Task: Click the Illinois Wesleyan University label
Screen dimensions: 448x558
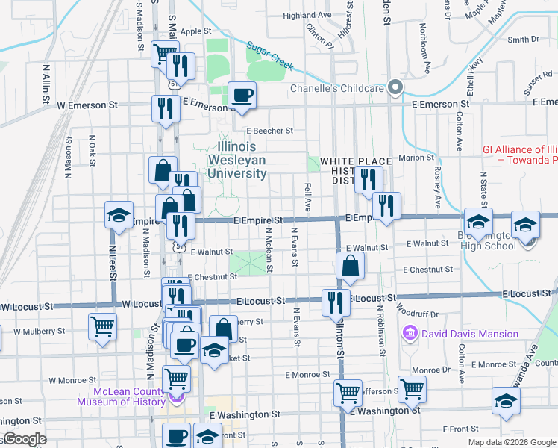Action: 242,160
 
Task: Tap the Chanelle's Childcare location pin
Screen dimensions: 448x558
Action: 395,88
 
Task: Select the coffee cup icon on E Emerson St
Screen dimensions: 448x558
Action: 241,96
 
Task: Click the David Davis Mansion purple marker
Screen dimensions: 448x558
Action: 410,333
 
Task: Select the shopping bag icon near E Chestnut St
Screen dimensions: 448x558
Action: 350,266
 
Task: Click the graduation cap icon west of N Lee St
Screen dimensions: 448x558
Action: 118,217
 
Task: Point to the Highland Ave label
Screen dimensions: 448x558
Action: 307,15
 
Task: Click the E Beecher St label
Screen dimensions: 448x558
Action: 270,131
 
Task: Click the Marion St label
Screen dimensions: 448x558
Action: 411,158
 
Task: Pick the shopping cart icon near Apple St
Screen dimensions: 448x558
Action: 164,54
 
